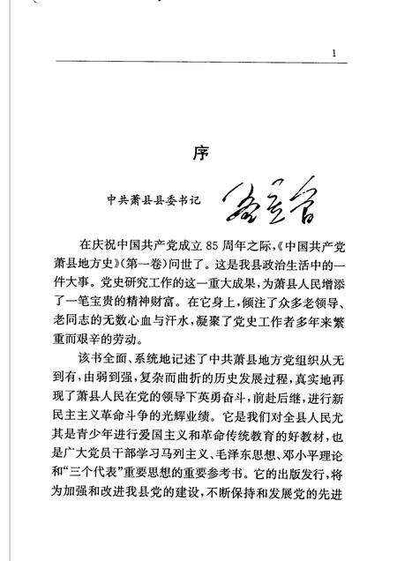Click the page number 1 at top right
point(334,54)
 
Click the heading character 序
point(199,153)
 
